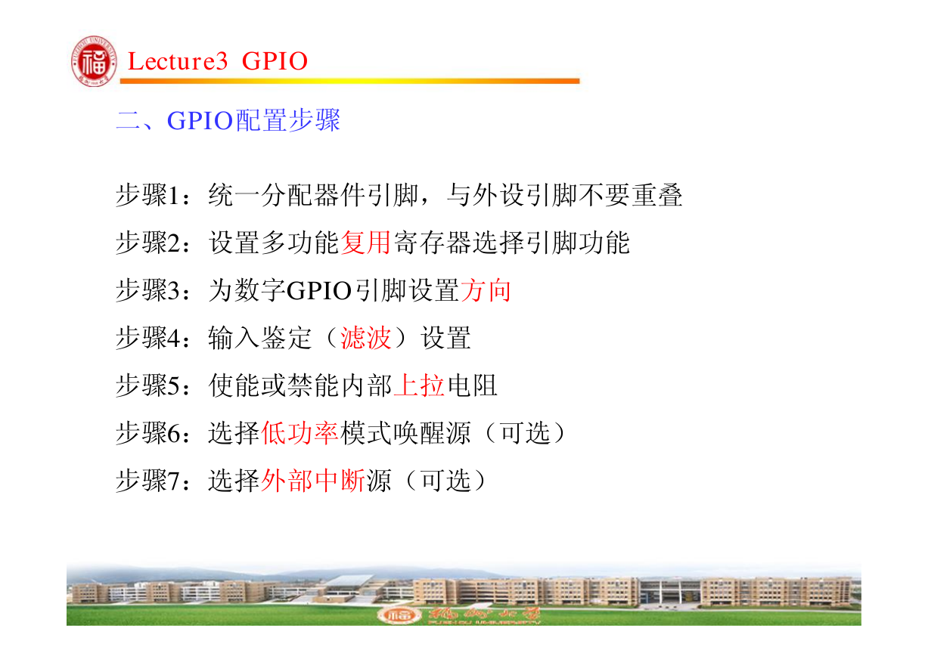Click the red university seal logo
tap(94, 61)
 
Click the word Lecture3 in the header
tap(178, 61)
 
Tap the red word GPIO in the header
tap(275, 61)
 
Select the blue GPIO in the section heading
tap(200, 120)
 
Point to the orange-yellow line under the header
tap(349, 81)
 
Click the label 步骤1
tap(148, 195)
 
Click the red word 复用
tap(366, 243)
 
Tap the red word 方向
tap(485, 290)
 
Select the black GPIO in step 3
tap(319, 290)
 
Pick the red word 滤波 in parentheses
tap(366, 338)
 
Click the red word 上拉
tap(419, 385)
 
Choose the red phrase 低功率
tap(300, 433)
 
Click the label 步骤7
tap(148, 481)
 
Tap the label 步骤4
tap(148, 338)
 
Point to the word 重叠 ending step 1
tap(656, 195)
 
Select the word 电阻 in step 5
tap(472, 385)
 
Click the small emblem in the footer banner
tap(397, 615)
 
